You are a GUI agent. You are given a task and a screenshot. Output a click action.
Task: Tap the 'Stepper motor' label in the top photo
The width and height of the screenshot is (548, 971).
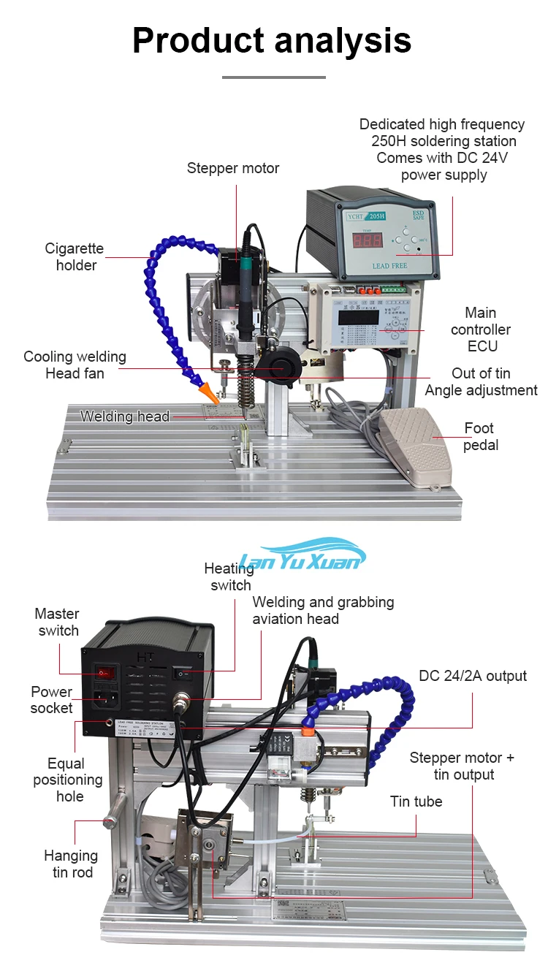tap(233, 168)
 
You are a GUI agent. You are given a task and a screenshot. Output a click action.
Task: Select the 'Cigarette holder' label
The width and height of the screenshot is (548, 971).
tap(75, 256)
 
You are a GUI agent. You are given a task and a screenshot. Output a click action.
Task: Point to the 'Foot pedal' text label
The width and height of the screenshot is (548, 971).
tap(479, 436)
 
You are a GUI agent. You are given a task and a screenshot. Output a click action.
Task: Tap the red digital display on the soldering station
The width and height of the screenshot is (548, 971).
tap(366, 243)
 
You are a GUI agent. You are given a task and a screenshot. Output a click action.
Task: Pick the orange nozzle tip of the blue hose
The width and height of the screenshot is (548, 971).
tap(210, 392)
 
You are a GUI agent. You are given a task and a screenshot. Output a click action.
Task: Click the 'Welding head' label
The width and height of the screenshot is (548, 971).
tap(125, 416)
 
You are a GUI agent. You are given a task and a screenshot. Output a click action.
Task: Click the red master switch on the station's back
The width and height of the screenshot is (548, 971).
tap(107, 669)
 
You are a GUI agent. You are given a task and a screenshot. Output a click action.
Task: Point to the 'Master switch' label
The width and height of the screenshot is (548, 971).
tap(57, 622)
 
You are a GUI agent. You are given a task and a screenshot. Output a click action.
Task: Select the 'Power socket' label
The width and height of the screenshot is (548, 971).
tap(51, 700)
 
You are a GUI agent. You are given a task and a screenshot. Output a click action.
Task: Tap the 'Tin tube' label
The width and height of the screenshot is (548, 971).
tap(416, 801)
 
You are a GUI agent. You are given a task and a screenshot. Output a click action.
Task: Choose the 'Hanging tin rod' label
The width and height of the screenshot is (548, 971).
tap(70, 864)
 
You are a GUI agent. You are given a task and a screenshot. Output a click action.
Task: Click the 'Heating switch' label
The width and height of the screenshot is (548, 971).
tap(229, 576)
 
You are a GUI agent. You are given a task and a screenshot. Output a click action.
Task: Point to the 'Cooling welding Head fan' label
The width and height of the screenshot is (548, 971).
tap(75, 365)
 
